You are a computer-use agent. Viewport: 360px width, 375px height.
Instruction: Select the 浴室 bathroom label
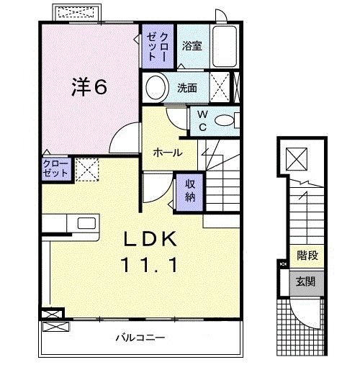tap(192, 45)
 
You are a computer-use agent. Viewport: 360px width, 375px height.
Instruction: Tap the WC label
tap(202, 121)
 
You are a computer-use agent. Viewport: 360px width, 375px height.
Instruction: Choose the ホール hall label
tap(167, 153)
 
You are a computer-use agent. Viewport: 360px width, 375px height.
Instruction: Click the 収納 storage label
tap(190, 190)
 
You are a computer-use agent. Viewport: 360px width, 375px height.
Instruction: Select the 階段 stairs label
tap(308, 256)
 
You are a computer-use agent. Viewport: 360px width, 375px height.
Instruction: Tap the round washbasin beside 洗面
tap(155, 89)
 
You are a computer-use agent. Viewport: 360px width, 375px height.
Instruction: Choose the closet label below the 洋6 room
tap(55, 170)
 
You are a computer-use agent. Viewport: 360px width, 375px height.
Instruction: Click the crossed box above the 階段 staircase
tap(296, 157)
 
